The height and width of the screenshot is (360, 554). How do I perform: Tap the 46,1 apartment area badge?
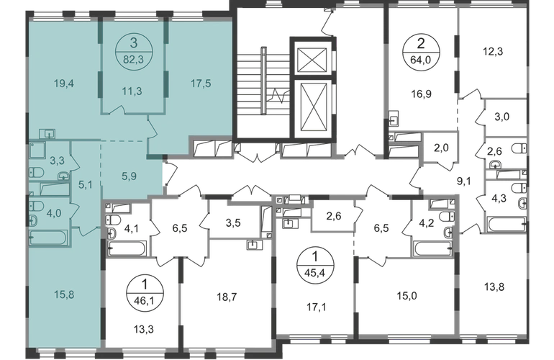[x=144, y=292]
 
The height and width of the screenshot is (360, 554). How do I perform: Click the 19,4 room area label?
[x=64, y=84]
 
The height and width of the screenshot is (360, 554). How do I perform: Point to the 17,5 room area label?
[x=201, y=84]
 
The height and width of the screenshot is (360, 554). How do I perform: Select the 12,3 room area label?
[x=493, y=52]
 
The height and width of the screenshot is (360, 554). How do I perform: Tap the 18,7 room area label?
[x=227, y=297]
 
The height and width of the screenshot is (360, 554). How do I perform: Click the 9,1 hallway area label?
[x=463, y=181]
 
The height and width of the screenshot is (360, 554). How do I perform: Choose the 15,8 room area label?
[x=64, y=294]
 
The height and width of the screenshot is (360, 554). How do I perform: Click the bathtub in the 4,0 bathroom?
[x=48, y=238]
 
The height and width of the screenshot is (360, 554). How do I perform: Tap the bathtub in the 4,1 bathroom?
[x=127, y=248]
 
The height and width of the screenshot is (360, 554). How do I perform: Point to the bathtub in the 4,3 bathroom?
[x=507, y=224]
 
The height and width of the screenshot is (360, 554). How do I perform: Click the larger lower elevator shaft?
[x=311, y=108]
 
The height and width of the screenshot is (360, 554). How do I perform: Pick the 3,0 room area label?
[x=501, y=117]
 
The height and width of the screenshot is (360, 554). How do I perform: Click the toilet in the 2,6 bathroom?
[x=519, y=148]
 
